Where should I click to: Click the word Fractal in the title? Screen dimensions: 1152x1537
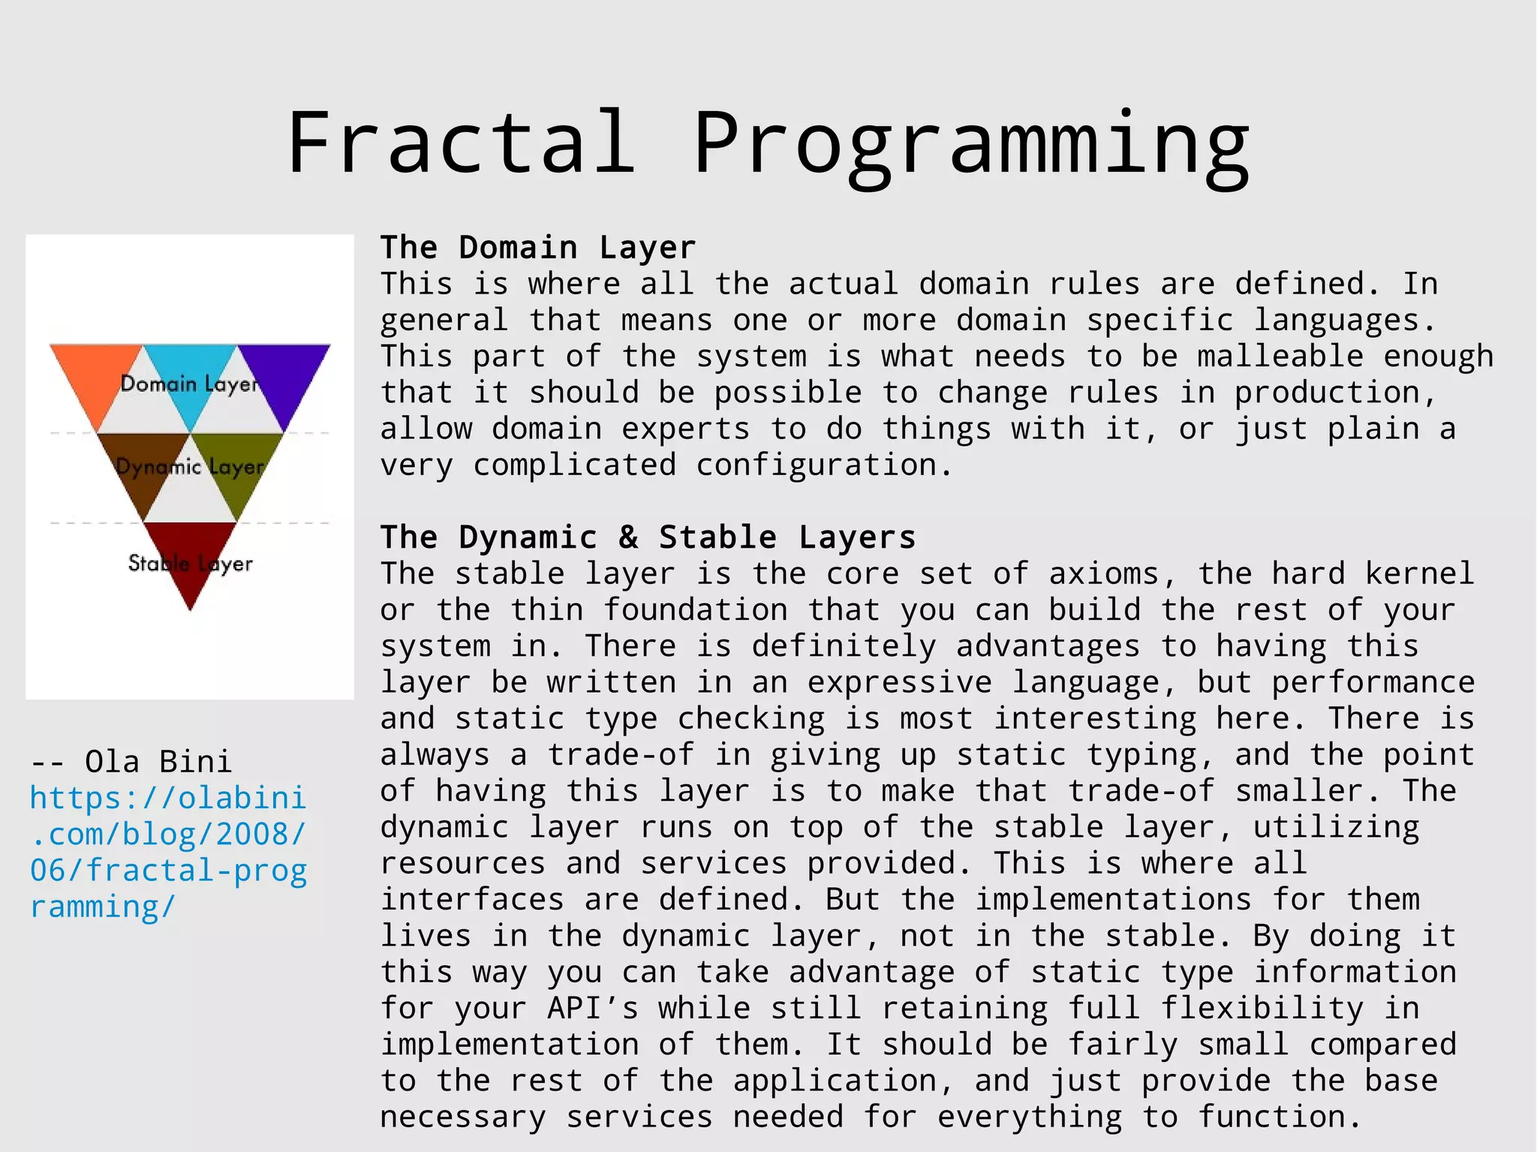point(461,143)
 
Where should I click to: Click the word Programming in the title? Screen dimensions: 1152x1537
point(971,146)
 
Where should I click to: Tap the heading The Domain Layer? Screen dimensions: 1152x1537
point(538,248)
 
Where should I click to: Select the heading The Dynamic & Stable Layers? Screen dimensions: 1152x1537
point(648,537)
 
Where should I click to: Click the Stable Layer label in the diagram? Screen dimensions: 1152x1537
point(190,563)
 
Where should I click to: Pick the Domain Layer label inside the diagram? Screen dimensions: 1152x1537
point(189,384)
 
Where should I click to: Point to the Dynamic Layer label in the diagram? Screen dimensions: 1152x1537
point(190,467)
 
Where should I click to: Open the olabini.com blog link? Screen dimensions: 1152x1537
point(168,853)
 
